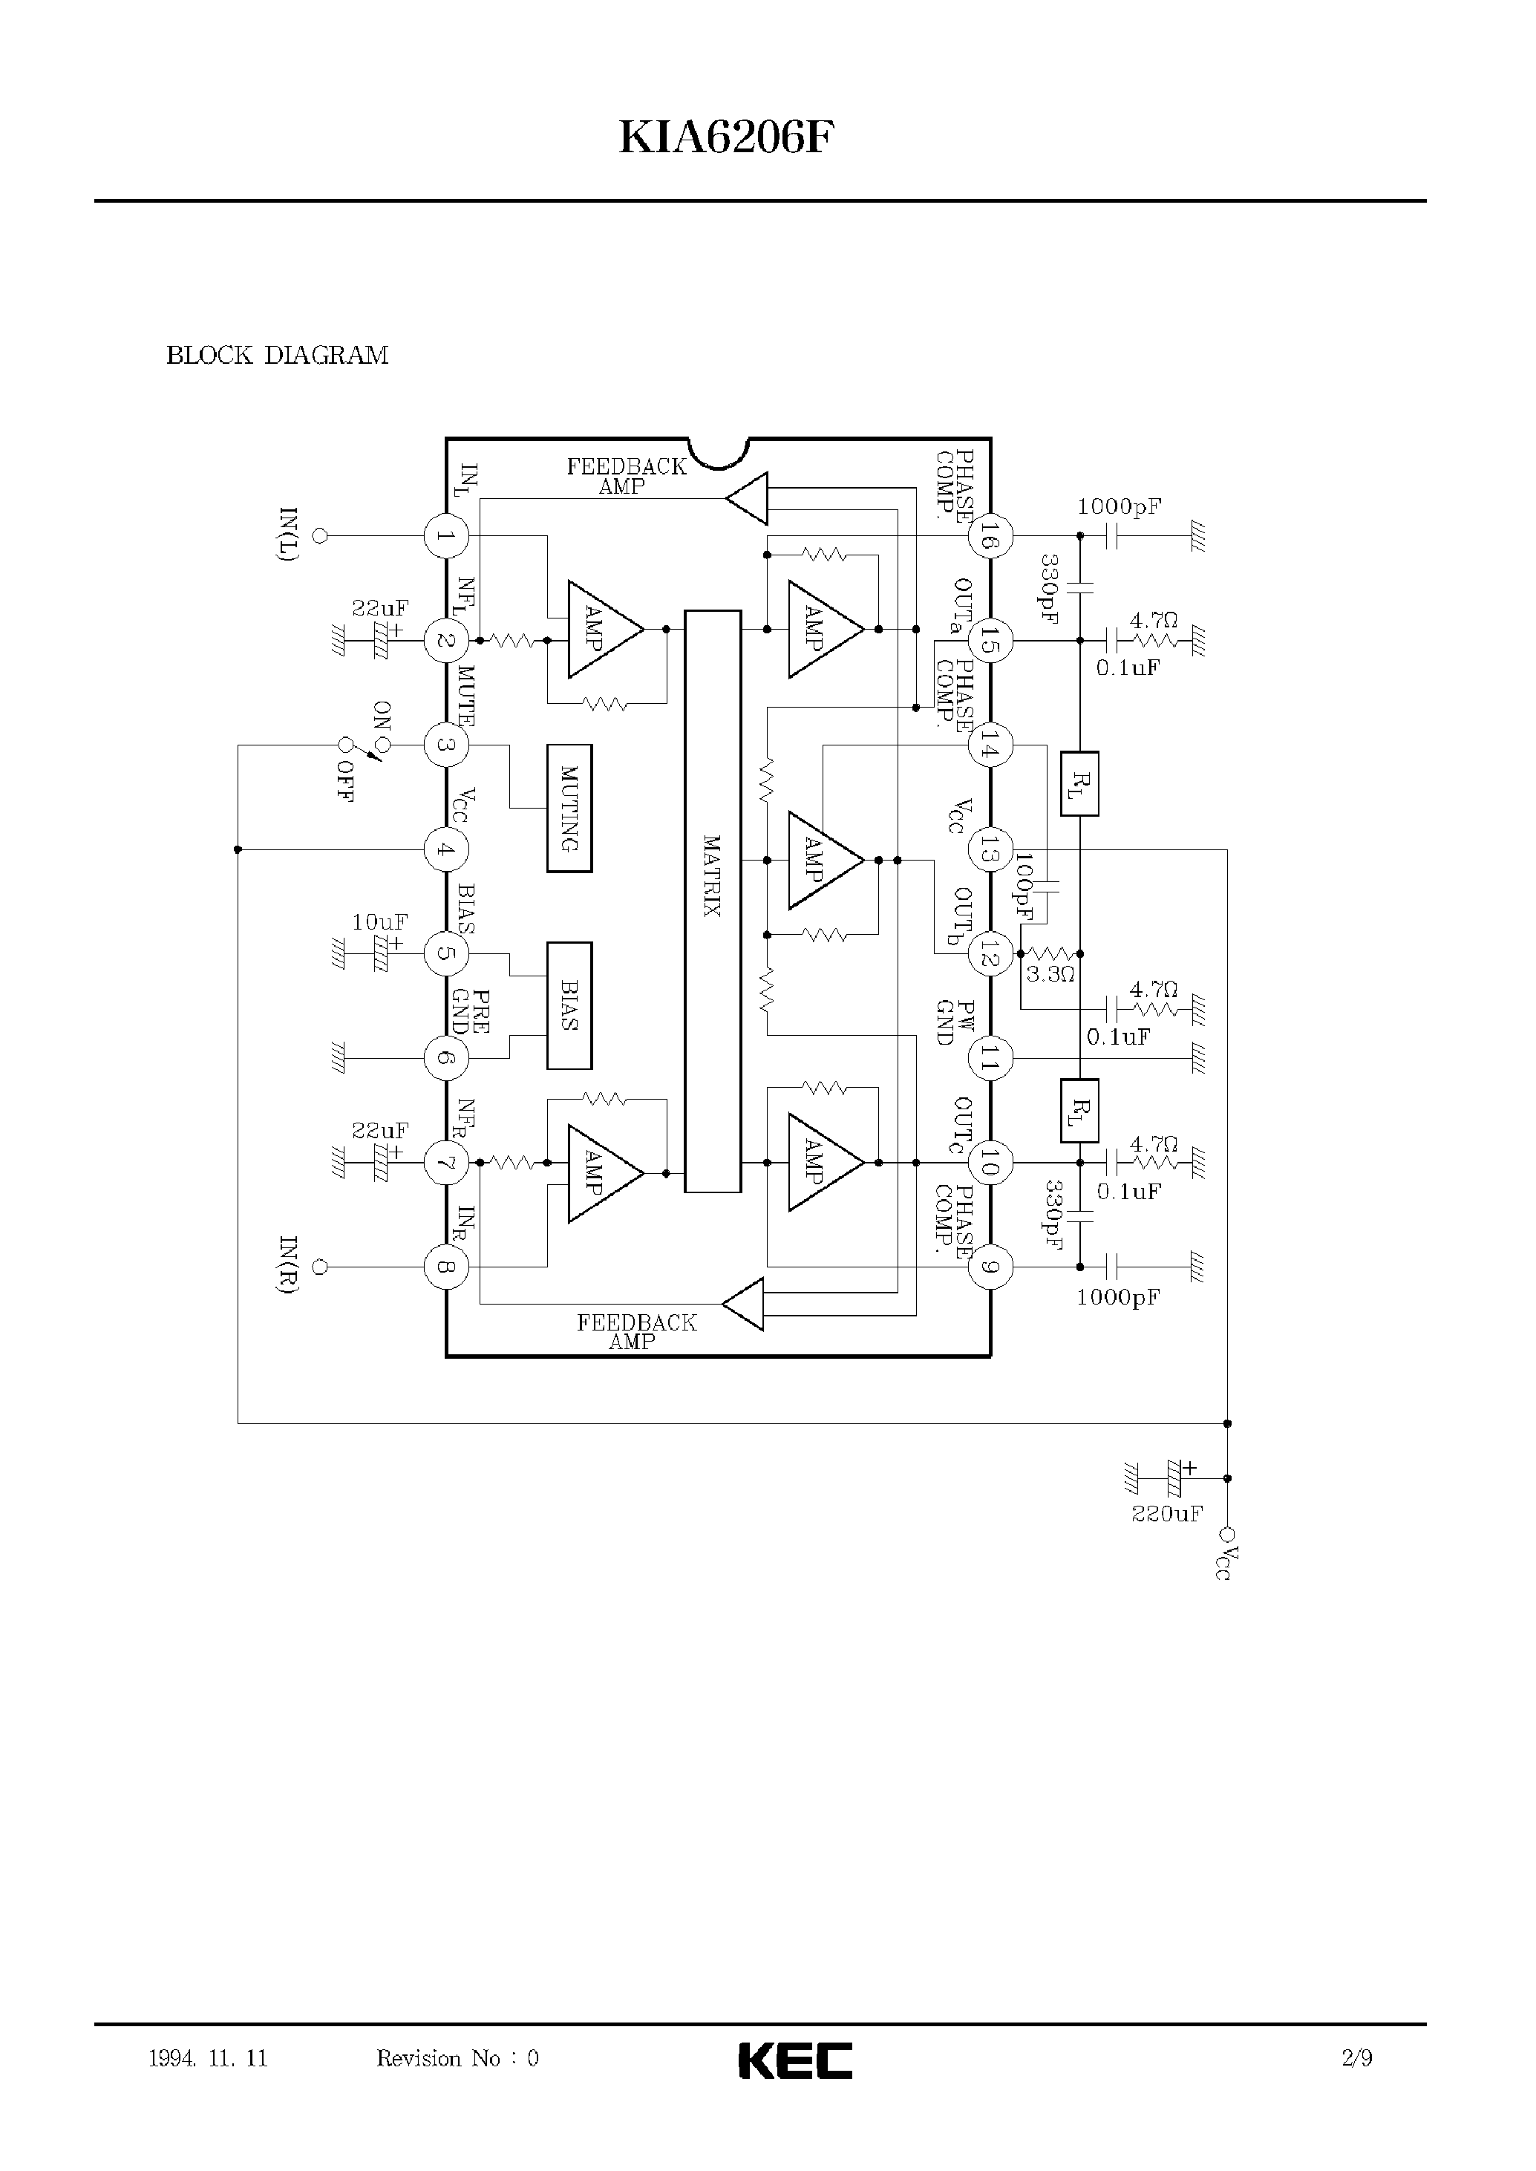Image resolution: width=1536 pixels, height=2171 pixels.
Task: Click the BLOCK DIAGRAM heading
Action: click(x=277, y=356)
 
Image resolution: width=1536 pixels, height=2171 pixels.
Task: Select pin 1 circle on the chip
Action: click(x=445, y=536)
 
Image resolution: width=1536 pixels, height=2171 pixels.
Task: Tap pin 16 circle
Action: click(x=990, y=536)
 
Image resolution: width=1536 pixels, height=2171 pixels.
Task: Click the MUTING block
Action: click(x=569, y=808)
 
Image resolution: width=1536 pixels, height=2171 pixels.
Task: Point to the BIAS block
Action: click(x=569, y=1005)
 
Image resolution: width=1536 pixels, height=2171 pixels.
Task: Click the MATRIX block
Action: click(x=712, y=901)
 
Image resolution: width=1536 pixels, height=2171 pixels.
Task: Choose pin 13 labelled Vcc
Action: click(x=990, y=849)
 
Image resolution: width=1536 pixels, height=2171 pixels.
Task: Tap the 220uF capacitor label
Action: click(x=1167, y=1514)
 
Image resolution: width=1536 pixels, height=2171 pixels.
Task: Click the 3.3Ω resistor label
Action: click(x=1050, y=974)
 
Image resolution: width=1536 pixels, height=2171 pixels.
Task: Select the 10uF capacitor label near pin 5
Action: click(x=379, y=921)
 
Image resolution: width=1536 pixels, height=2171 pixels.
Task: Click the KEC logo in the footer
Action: click(x=794, y=2060)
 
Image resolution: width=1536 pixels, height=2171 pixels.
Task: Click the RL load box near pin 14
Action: click(x=1079, y=783)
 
